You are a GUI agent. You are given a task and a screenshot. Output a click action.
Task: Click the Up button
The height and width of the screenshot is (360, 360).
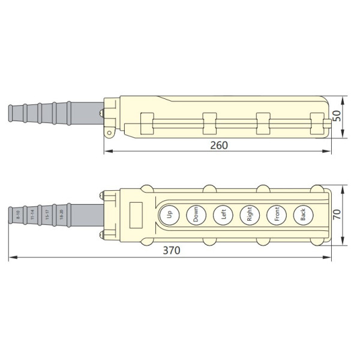[170, 214]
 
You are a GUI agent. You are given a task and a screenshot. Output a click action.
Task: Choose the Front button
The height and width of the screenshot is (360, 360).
[276, 214]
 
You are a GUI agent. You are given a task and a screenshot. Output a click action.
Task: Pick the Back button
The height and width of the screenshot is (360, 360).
[303, 214]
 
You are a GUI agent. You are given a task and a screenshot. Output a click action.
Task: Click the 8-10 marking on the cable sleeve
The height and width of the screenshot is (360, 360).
[18, 215]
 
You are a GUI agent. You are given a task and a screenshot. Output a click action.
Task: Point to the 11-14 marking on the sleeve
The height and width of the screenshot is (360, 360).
[32, 215]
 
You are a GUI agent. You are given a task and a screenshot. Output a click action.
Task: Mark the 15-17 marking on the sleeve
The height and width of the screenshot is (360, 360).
[47, 215]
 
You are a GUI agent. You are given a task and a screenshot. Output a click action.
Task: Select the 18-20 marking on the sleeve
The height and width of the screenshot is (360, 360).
[61, 215]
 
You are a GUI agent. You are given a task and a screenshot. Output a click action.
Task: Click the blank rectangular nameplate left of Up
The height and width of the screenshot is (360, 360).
[136, 214]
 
